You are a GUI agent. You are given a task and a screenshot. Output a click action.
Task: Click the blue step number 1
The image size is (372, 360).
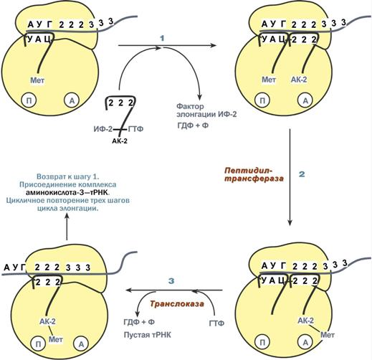(163, 38)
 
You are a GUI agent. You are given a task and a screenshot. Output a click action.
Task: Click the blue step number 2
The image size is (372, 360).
(302, 174)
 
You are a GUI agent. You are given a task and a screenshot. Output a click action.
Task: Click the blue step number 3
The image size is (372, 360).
(171, 281)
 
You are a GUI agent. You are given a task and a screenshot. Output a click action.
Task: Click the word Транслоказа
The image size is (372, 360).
(177, 303)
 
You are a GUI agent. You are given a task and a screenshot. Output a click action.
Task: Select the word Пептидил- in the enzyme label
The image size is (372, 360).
(249, 171)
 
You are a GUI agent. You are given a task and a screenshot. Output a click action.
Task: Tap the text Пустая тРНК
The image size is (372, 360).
(148, 335)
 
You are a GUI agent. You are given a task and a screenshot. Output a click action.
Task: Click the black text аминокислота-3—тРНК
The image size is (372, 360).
(67, 192)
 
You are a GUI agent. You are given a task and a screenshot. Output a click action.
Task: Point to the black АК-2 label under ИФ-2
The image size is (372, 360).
(120, 141)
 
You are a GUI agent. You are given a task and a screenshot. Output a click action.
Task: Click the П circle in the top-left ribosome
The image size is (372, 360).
(29, 100)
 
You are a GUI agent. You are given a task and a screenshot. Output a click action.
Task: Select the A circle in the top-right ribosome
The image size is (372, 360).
(305, 100)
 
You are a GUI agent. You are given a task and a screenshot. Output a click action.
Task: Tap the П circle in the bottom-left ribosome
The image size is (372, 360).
(38, 344)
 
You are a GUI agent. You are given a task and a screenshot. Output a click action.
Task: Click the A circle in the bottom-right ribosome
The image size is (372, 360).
(305, 343)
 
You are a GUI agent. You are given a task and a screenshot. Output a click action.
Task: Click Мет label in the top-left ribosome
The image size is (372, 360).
(37, 80)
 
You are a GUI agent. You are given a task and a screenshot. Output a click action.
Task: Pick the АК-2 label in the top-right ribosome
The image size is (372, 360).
(299, 80)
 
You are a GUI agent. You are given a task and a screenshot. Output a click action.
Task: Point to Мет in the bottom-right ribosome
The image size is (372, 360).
(328, 335)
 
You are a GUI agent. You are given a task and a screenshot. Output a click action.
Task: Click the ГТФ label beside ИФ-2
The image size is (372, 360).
(136, 129)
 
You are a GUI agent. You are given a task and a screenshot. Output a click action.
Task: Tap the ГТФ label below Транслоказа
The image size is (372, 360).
(216, 323)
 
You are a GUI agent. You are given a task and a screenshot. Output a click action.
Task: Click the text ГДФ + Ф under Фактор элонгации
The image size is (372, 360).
(193, 125)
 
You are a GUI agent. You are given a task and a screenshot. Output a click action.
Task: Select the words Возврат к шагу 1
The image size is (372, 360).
(68, 176)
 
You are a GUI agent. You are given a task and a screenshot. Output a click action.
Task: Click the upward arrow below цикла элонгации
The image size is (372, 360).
(67, 227)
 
